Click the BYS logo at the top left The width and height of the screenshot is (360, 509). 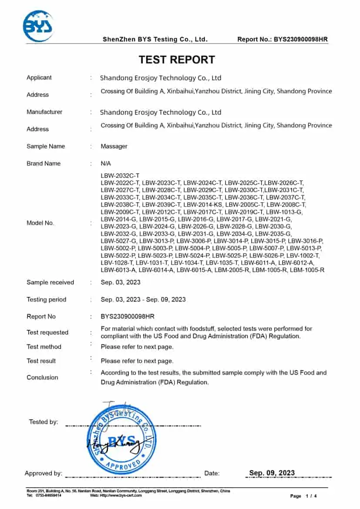38,27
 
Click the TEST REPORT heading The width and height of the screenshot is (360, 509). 177,60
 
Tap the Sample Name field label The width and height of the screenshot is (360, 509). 46,146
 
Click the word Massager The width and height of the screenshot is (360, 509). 114,146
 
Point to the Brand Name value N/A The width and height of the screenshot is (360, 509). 106,164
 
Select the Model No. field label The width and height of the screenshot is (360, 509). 40,223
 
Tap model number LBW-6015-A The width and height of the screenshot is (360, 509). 195,270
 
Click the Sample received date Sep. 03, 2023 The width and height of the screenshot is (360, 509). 121,282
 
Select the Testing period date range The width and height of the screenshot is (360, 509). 143,299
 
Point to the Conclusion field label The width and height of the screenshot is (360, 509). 42,377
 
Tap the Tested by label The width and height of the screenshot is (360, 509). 44,422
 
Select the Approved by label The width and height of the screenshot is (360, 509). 44,473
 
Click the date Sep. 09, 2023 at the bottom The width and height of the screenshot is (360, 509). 272,473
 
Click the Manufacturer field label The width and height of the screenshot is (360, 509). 44,112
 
